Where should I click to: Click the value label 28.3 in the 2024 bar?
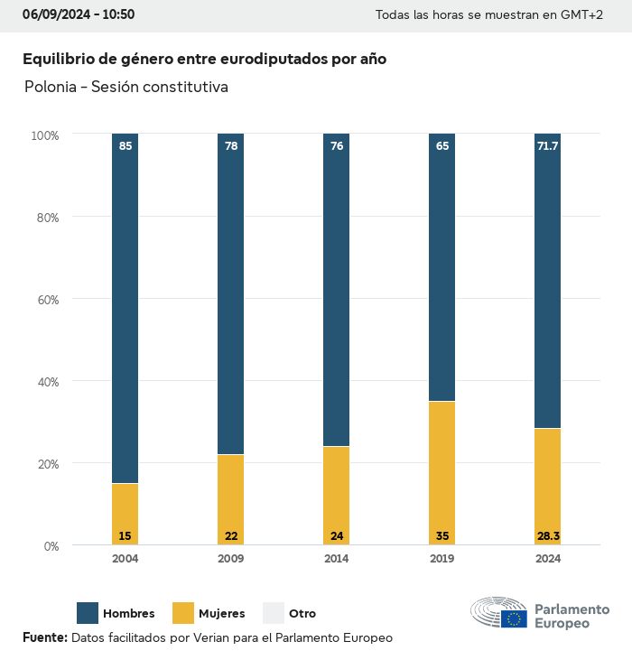tap(547, 536)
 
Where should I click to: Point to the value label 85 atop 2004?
tap(125, 145)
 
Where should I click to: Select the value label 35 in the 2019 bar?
tap(441, 536)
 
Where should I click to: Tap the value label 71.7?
tap(547, 145)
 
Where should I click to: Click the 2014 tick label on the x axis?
tap(336, 559)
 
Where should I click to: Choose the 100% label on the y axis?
tap(44, 135)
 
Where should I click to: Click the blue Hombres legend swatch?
tap(88, 613)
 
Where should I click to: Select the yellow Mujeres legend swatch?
tap(183, 613)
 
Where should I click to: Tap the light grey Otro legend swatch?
tap(274, 613)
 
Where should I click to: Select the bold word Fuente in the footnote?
tap(44, 637)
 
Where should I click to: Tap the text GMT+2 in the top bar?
tap(583, 15)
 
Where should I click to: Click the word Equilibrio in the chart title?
tap(57, 59)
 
